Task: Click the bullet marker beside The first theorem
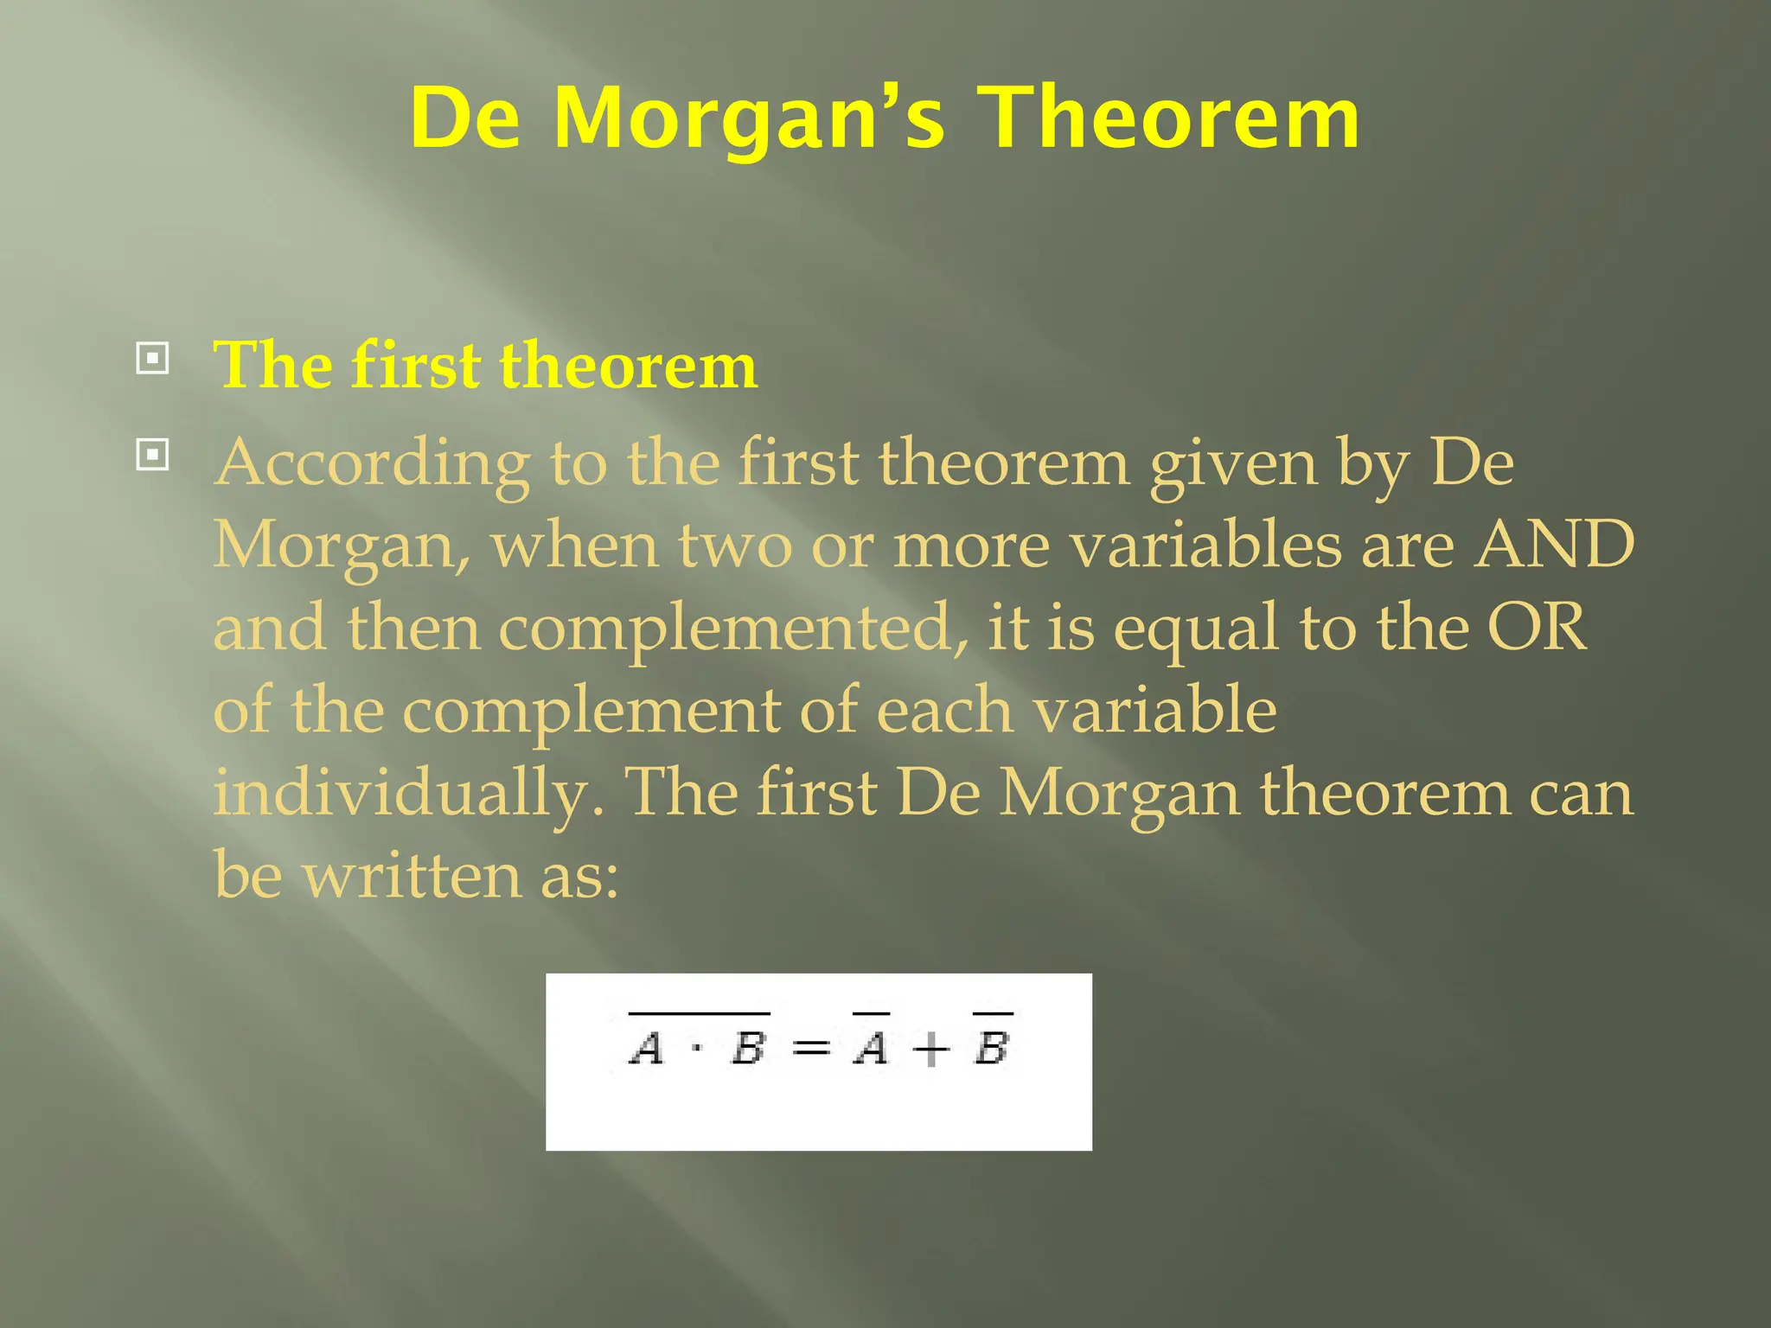(152, 358)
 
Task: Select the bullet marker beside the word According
(152, 454)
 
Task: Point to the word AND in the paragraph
(1554, 545)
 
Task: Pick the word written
(412, 875)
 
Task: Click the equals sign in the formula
(810, 1049)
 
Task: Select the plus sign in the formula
(931, 1050)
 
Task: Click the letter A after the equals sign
(871, 1048)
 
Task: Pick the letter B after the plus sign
(992, 1048)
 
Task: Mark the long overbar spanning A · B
(699, 1012)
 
